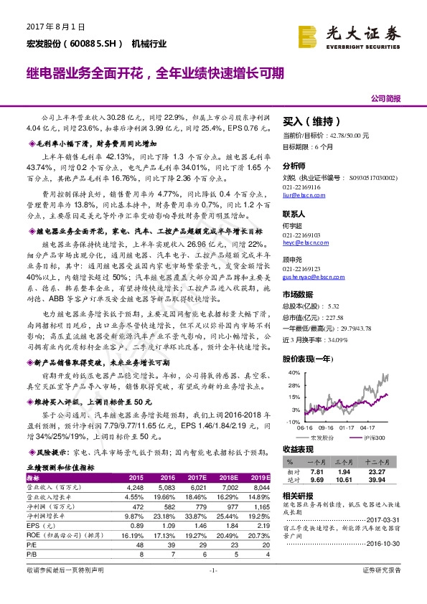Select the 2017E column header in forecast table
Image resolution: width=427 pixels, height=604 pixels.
(197, 477)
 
